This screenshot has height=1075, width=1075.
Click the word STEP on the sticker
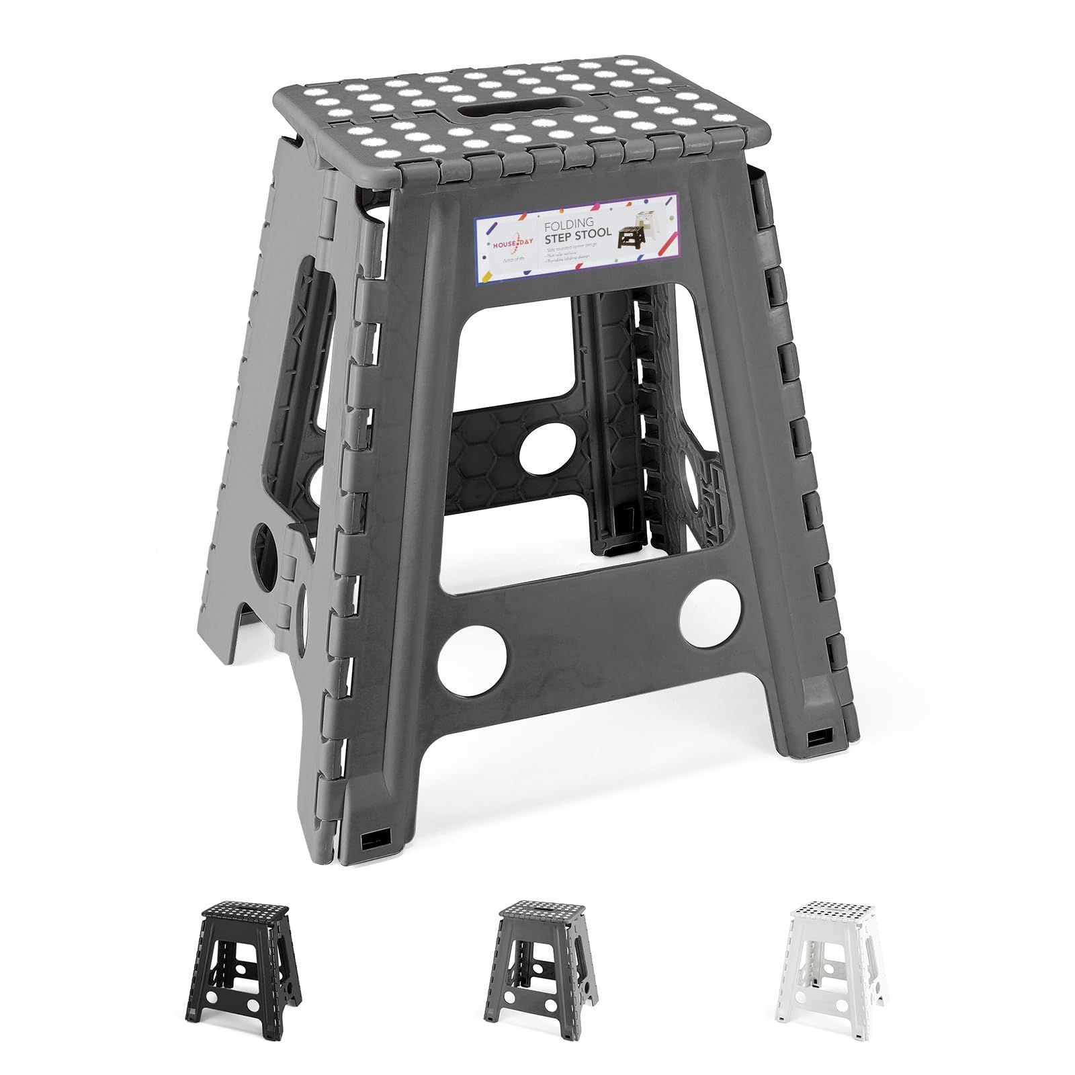pos(560,234)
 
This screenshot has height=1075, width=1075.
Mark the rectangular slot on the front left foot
pos(370,841)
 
